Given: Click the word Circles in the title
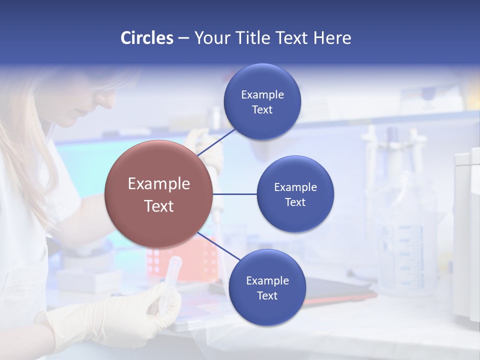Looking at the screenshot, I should pos(146,38).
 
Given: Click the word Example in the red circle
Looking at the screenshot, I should pos(158,183).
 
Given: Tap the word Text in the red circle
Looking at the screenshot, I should pos(158,206).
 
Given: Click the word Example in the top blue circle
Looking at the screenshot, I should pos(262,95).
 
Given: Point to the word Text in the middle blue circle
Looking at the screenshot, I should pos(295,202).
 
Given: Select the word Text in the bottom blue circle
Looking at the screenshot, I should pos(267,296).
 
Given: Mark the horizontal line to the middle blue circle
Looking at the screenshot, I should pos(235,194).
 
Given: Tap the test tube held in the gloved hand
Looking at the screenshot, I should pos(170,280).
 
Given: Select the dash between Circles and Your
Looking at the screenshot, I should pos(183,38).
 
